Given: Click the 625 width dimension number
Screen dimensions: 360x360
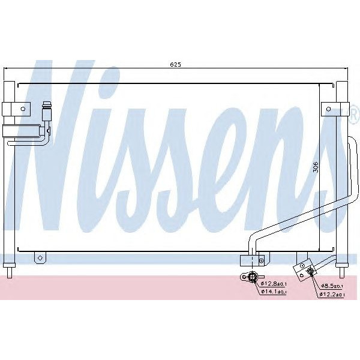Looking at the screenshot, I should point(175,64).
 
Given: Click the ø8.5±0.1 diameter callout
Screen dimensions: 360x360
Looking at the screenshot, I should point(332,286).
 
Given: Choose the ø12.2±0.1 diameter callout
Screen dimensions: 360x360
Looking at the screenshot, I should point(332,294).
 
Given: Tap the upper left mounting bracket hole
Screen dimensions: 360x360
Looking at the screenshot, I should point(22,109).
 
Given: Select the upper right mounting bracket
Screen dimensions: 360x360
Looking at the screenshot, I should point(334,108).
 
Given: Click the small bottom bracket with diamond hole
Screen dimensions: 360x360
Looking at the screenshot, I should point(40,258).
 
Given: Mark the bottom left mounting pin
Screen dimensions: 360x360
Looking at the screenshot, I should point(10,271).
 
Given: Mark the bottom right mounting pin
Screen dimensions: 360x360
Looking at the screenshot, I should point(341,271).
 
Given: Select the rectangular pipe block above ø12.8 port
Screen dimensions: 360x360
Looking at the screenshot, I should point(251,260).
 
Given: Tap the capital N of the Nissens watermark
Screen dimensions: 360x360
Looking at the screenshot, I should point(60,150).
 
